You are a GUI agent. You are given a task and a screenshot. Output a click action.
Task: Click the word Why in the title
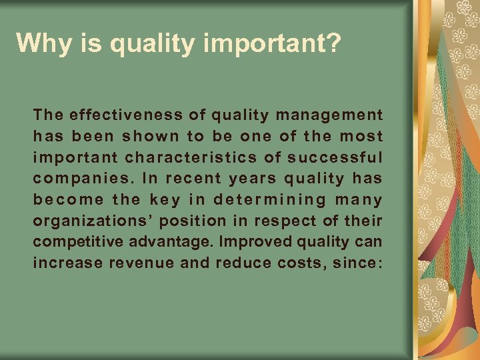click(40, 43)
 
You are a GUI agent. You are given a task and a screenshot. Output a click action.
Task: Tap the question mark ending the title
click(334, 43)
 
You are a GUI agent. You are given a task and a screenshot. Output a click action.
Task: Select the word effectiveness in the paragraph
click(121, 115)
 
